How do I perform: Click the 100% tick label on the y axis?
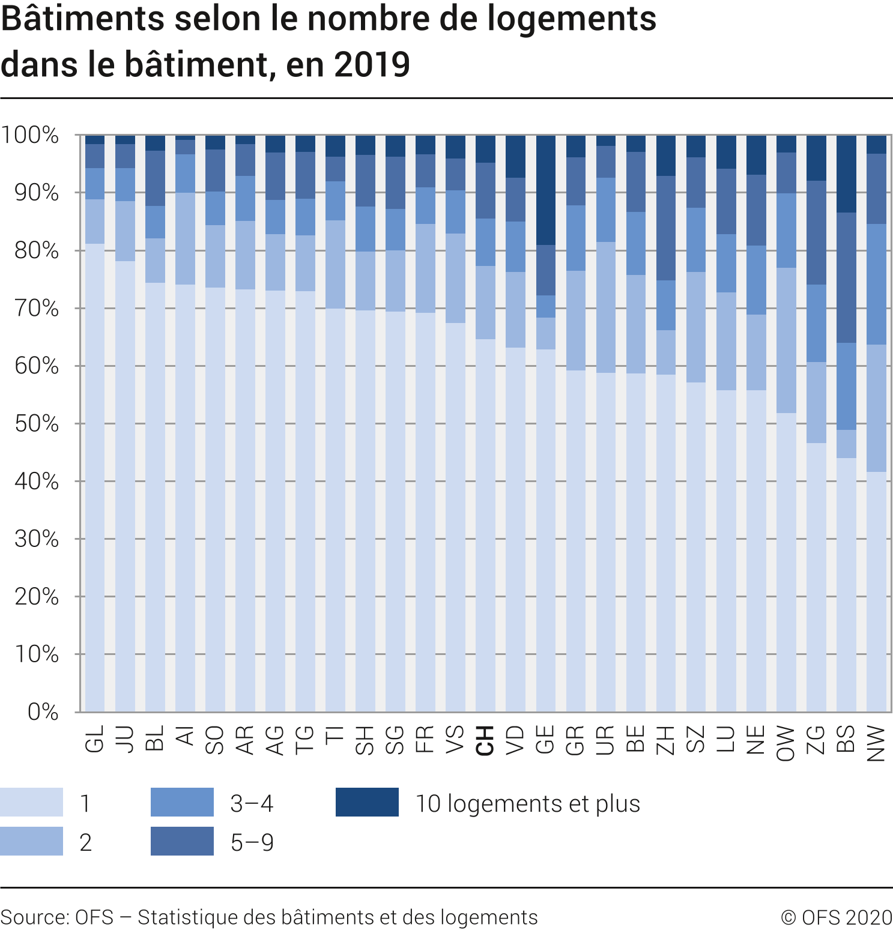30,135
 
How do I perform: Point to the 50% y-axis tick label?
37,424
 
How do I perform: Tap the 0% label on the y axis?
43,712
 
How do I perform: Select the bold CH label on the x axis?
485,740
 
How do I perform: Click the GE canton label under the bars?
545,740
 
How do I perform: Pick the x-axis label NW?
876,743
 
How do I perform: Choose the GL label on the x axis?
95,739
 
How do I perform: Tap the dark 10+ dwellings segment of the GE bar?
546,190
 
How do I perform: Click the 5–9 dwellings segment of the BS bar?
846,277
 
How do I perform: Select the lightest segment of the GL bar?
95,477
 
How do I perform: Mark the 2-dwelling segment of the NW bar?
876,408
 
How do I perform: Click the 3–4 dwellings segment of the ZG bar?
816,323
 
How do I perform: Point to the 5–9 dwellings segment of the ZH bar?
666,228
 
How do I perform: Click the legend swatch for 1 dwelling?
31,802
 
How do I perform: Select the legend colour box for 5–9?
182,841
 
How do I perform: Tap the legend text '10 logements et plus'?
528,803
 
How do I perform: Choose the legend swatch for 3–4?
182,802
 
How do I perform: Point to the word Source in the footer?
34,917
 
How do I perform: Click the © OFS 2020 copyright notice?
836,917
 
